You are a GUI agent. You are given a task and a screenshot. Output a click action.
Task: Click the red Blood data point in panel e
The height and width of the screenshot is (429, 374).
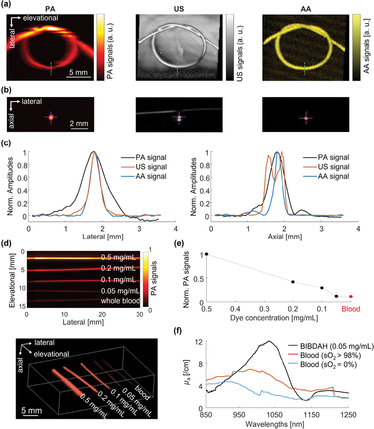coord(351,297)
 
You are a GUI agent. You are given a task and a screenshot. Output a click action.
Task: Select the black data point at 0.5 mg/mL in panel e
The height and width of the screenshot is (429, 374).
coord(206,254)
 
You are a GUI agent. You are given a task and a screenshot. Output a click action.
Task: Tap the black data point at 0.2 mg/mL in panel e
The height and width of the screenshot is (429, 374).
coord(293,282)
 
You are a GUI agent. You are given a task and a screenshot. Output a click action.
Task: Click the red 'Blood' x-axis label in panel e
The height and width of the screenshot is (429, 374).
coord(351,309)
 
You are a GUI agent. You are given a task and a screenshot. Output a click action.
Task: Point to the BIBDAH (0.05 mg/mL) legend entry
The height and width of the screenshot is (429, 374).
coord(337,346)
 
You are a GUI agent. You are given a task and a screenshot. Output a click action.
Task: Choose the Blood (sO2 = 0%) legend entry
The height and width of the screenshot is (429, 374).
coord(328,365)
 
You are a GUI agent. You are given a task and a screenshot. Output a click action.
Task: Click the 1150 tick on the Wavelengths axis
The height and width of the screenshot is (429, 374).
coord(311,415)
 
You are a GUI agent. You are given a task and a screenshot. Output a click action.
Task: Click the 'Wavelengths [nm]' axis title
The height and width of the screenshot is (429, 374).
coord(275,424)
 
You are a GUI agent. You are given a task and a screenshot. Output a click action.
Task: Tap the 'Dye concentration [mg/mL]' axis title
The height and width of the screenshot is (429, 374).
coord(274,318)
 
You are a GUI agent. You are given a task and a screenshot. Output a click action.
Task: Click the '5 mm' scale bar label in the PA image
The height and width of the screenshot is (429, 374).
coord(78,72)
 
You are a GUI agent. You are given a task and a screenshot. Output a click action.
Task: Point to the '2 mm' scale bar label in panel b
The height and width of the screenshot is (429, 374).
coord(79,123)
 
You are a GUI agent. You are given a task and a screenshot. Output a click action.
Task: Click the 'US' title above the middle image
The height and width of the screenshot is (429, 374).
coord(179,9)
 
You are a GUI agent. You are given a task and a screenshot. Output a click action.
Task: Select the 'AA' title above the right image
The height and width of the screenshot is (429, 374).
coord(305,9)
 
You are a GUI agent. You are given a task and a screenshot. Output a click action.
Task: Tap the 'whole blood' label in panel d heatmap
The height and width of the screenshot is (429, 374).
coord(120,301)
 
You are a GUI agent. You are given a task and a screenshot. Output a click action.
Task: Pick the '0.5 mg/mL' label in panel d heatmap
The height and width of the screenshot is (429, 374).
coord(118,258)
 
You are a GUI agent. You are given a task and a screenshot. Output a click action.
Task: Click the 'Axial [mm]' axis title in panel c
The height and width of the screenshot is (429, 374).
coord(285,237)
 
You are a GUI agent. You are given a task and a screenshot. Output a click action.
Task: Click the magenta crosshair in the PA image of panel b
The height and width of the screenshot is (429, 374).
coord(51,117)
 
